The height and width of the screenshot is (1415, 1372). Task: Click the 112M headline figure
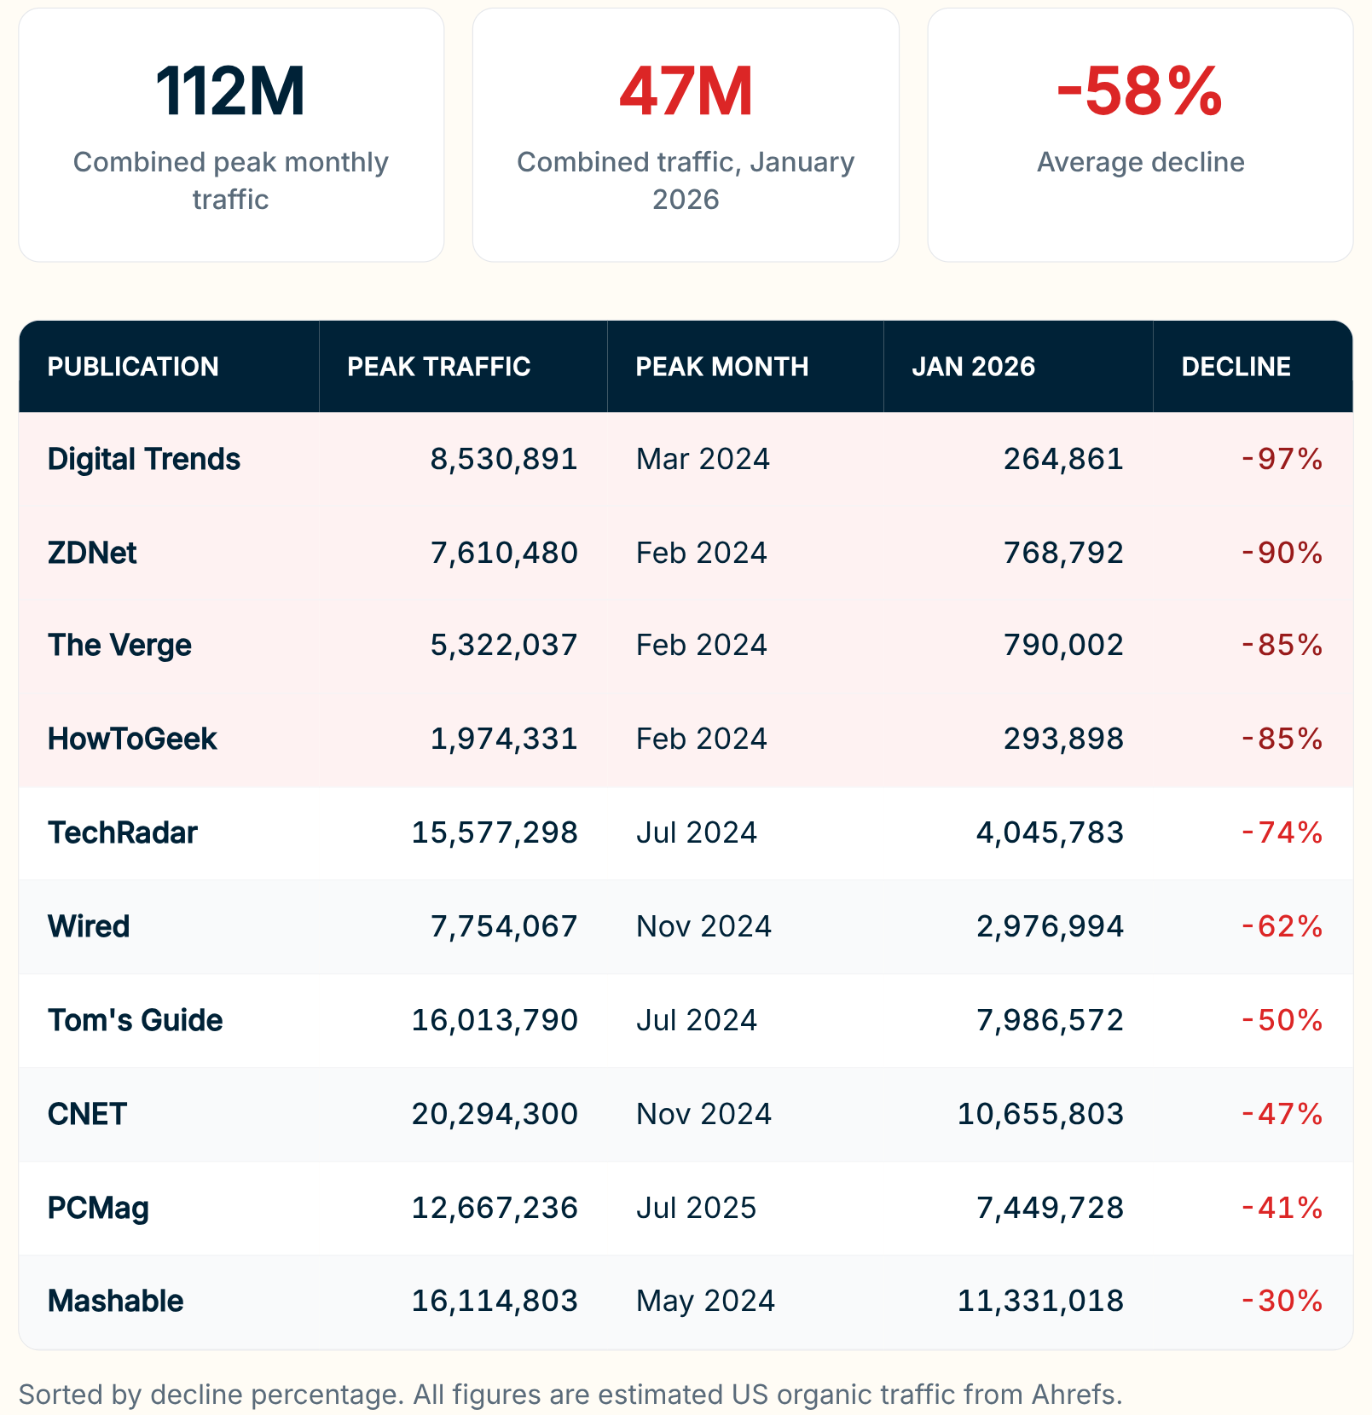[230, 91]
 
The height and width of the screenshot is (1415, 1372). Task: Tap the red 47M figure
[686, 91]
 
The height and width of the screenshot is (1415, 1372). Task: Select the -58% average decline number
[1139, 91]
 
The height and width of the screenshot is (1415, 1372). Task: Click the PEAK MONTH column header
[721, 367]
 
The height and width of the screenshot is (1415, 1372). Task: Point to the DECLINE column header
[1236, 367]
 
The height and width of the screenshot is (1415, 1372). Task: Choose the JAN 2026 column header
[973, 367]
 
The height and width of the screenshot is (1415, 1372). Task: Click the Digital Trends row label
[143, 459]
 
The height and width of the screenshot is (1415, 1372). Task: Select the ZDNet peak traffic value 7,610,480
[504, 553]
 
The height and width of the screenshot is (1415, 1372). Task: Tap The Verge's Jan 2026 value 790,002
[1063, 645]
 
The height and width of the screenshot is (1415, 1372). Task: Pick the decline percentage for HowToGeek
[1282, 739]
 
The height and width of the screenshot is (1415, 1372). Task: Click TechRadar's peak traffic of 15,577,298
[495, 832]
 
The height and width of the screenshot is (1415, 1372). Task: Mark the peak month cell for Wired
[703, 926]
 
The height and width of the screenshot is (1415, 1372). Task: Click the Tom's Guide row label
[135, 1020]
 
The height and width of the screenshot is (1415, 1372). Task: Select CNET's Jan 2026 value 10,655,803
[1040, 1114]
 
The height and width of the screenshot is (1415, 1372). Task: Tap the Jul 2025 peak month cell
[696, 1208]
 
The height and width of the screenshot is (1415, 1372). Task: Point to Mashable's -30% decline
[1282, 1301]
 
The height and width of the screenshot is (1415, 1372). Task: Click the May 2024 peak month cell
[705, 1301]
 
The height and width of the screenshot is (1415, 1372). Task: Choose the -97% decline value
[1282, 459]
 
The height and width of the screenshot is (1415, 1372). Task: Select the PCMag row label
[98, 1208]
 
